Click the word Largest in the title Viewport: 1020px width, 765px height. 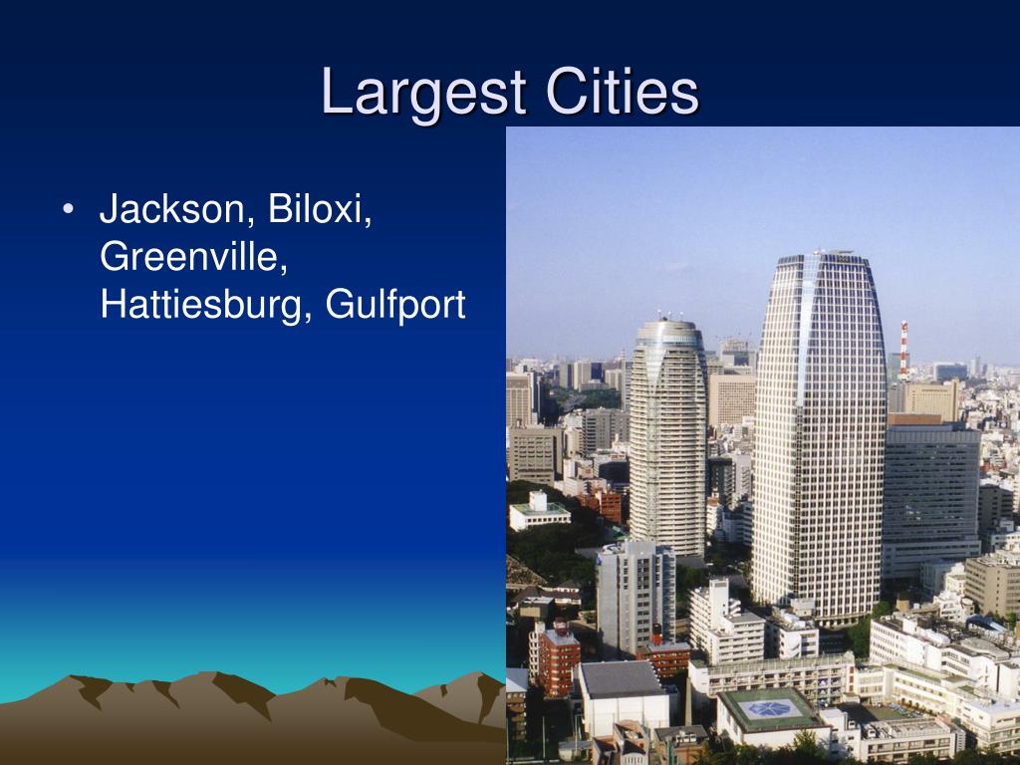tap(424, 93)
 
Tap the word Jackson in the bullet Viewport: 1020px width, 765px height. tap(170, 210)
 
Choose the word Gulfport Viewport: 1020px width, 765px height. tap(395, 305)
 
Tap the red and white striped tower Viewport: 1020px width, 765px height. tap(903, 349)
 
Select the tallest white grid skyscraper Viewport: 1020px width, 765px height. tap(819, 428)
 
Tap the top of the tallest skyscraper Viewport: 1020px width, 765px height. tap(819, 257)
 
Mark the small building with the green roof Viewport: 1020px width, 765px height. tap(539, 510)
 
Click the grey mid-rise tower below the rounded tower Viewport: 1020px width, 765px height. tap(635, 598)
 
